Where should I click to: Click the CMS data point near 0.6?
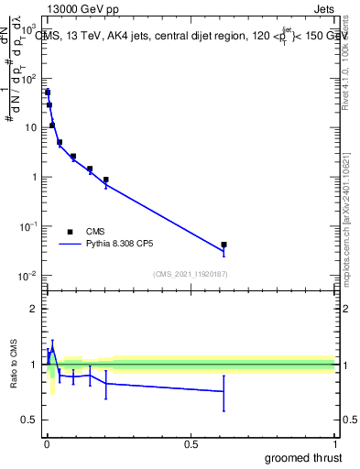tap(224, 245)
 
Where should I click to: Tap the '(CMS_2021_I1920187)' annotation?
tap(190, 274)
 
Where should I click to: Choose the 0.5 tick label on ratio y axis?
tap(29, 420)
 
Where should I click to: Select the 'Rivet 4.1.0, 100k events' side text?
tap(345, 69)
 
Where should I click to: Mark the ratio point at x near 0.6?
tap(224, 391)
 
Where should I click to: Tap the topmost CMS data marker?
tap(47, 93)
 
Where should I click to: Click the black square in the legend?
tap(70, 232)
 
